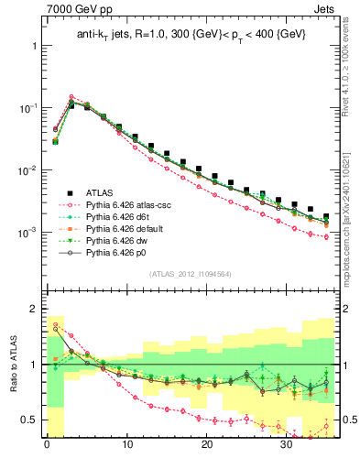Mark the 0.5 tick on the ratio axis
tap(28, 420)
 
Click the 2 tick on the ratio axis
tap(33, 309)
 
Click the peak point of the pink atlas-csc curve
tap(71, 96)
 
